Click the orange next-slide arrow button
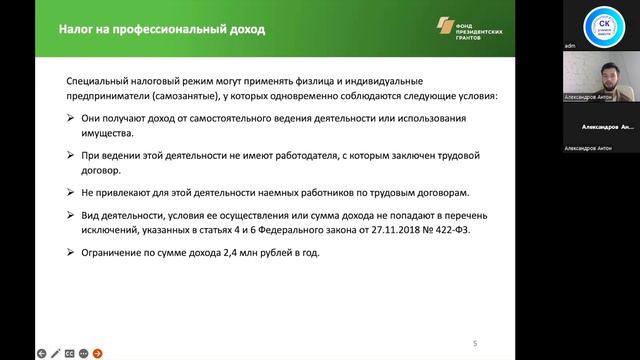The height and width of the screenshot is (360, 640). pyautogui.click(x=97, y=353)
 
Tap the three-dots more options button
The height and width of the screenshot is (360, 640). pyautogui.click(x=83, y=353)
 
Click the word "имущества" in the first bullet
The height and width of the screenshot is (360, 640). pyautogui.click(x=108, y=135)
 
